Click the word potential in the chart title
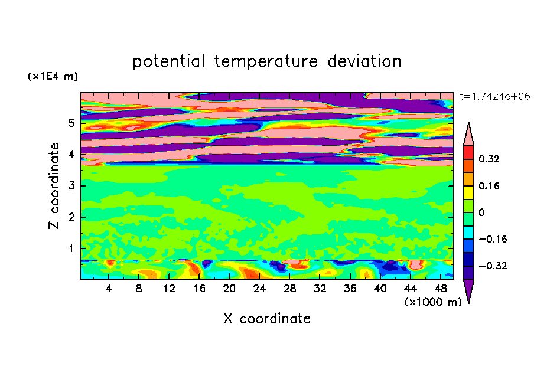pos(168,61)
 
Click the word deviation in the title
pos(364,61)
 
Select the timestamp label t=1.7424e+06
pos(494,96)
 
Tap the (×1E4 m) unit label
pos(53,76)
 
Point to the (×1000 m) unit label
pos(432,302)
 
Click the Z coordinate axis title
pos(54,186)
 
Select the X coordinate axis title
pos(267,318)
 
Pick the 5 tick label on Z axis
pos(71,123)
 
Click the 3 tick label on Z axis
pos(71,186)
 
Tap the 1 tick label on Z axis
pos(71,248)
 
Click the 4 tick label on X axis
pos(109,289)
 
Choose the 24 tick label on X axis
pos(259,289)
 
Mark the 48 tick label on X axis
pos(441,289)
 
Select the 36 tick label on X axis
pos(350,289)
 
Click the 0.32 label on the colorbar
pos(489,159)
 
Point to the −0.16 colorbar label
pos(493,239)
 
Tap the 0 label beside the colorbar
pos(481,212)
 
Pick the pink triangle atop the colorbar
pos(468,136)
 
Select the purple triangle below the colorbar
pos(468,289)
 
